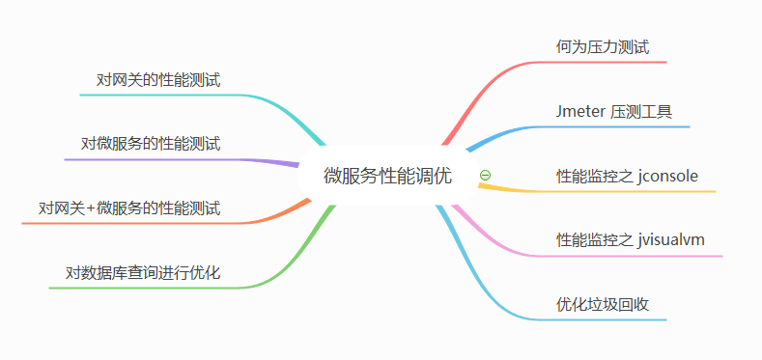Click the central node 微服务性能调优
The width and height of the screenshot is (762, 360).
click(386, 176)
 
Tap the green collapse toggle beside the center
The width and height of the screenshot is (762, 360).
click(485, 176)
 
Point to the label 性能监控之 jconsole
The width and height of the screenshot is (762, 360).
click(627, 176)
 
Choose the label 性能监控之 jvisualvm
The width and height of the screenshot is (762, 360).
click(631, 240)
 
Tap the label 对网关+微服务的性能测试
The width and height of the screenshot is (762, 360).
click(129, 208)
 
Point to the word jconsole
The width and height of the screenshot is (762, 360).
click(667, 176)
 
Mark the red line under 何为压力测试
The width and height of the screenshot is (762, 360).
click(608, 63)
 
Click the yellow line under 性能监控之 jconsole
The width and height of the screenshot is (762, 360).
click(628, 191)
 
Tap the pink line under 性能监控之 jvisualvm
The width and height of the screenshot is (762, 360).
click(637, 256)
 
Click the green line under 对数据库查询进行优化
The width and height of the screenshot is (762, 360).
click(145, 288)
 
